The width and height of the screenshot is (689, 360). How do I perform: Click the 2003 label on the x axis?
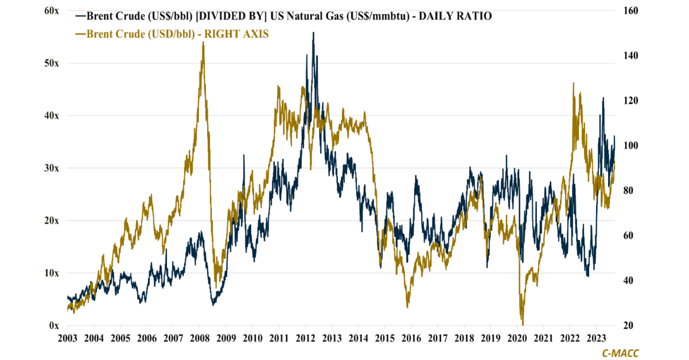pyautogui.click(x=67, y=338)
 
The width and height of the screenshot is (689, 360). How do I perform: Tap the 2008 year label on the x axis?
pyautogui.click(x=199, y=338)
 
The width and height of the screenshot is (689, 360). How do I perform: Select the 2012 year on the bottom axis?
pyautogui.click(x=305, y=338)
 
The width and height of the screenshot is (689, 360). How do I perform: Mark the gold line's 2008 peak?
pyautogui.click(x=203, y=42)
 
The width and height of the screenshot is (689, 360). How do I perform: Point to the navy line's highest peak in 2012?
pyautogui.click(x=313, y=33)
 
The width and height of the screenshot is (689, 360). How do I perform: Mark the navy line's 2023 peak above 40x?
pyautogui.click(x=603, y=98)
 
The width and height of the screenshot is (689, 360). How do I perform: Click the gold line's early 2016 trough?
pyautogui.click(x=408, y=307)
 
